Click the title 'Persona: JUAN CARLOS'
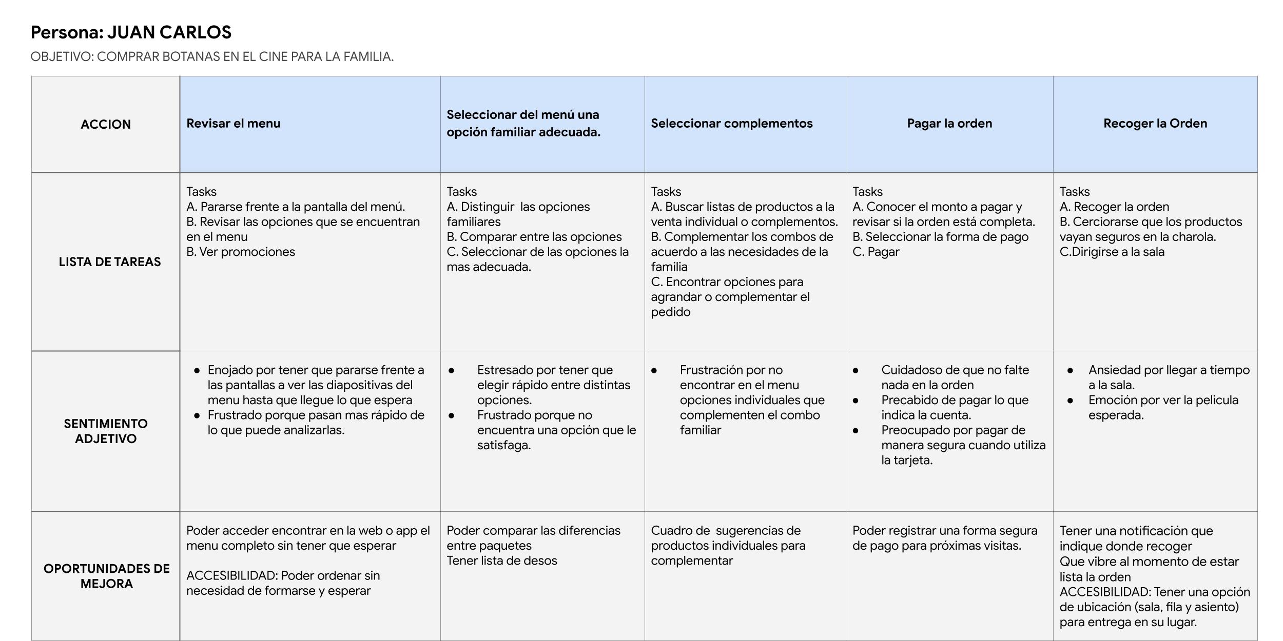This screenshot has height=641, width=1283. (131, 32)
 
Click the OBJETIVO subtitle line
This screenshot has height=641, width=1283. (212, 56)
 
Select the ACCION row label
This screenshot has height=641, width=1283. (106, 124)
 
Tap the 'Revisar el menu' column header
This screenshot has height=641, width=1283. (233, 123)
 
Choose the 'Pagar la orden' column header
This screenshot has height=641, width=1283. (949, 123)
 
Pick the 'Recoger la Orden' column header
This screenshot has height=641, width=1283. (1155, 123)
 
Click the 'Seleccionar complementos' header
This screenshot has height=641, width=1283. (731, 123)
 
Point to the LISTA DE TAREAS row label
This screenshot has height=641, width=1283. (109, 262)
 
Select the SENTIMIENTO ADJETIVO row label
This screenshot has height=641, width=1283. (106, 431)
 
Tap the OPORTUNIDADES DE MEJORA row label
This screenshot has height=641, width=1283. (106, 576)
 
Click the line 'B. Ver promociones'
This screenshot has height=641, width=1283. (240, 252)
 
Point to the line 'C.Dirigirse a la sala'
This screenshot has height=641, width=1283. (1112, 252)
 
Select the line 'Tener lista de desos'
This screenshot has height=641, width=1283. (501, 560)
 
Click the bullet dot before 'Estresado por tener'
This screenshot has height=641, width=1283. (451, 370)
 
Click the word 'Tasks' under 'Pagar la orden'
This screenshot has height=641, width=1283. (867, 191)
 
